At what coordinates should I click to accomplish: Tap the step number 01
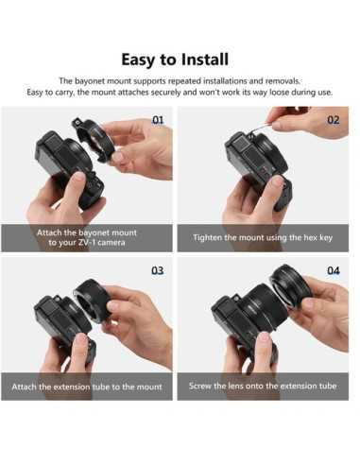coord(158,121)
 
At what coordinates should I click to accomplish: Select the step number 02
coord(333,121)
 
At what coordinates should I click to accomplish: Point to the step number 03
coord(158,270)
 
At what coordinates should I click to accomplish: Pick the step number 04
coord(333,270)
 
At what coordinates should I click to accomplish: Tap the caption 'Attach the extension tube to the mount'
coord(87,387)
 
